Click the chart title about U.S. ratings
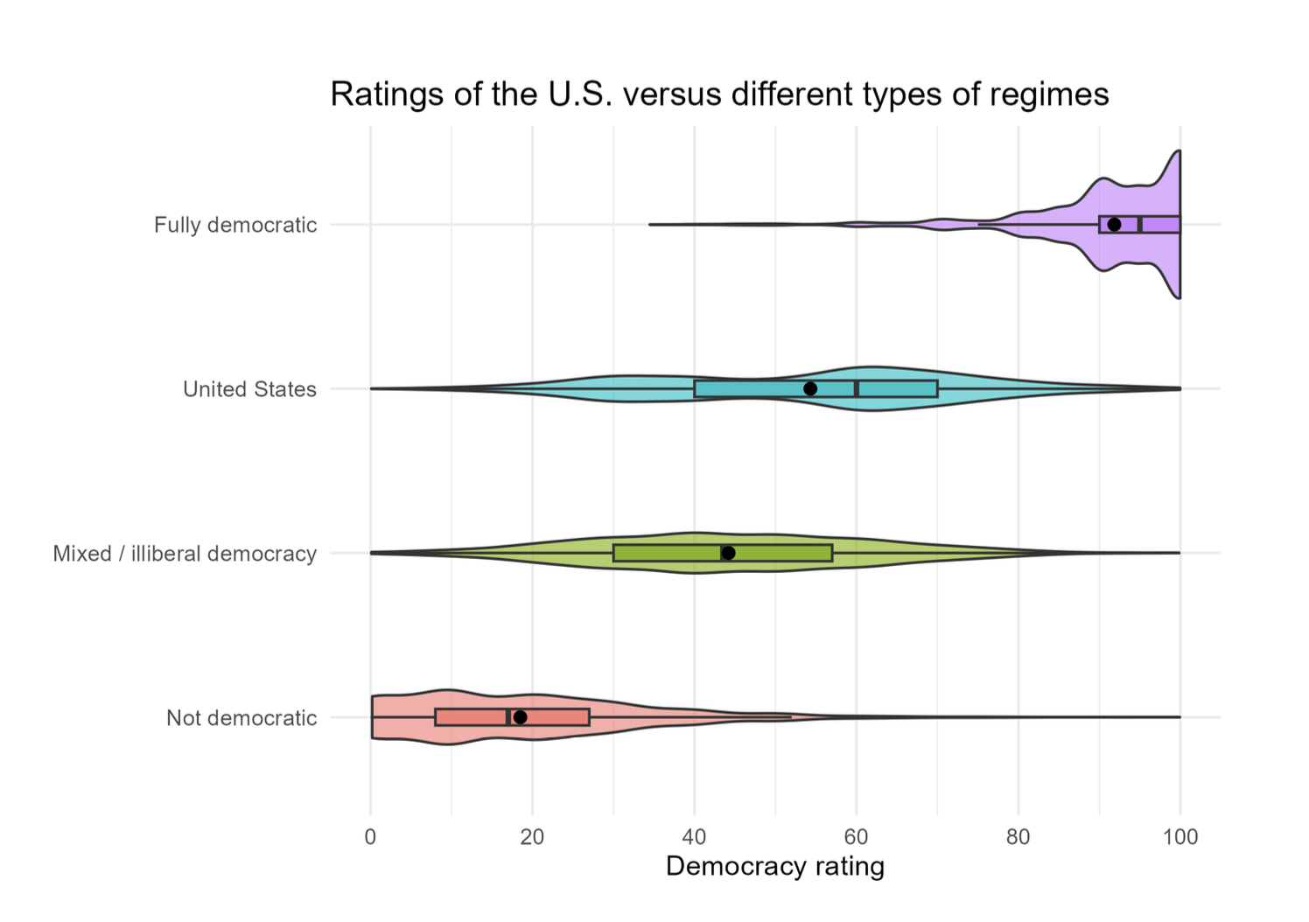click(x=719, y=94)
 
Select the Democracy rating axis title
click(x=775, y=867)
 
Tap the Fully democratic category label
click(x=235, y=225)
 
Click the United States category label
click(x=249, y=389)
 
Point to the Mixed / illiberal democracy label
click(x=185, y=554)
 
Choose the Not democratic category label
click(x=241, y=718)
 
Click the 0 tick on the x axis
click(x=371, y=837)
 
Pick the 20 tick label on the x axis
click(x=532, y=837)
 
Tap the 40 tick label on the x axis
click(x=694, y=837)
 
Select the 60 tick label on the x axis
click(x=856, y=837)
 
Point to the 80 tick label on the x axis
click(x=1018, y=837)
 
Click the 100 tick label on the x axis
click(x=1180, y=837)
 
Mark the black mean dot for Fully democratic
click(x=1114, y=225)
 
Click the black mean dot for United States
click(x=810, y=388)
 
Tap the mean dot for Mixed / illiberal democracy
click(x=729, y=553)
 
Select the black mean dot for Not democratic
click(x=520, y=717)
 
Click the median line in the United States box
click(x=856, y=388)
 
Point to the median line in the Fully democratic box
click(x=1139, y=225)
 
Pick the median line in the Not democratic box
click(x=507, y=717)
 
